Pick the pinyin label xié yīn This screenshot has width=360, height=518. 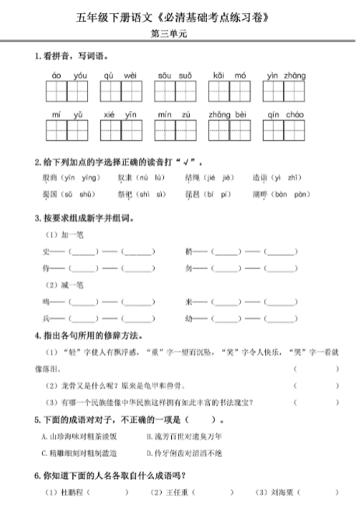(120, 114)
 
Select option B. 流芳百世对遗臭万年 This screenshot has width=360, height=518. (183, 436)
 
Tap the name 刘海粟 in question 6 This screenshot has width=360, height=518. (271, 492)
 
